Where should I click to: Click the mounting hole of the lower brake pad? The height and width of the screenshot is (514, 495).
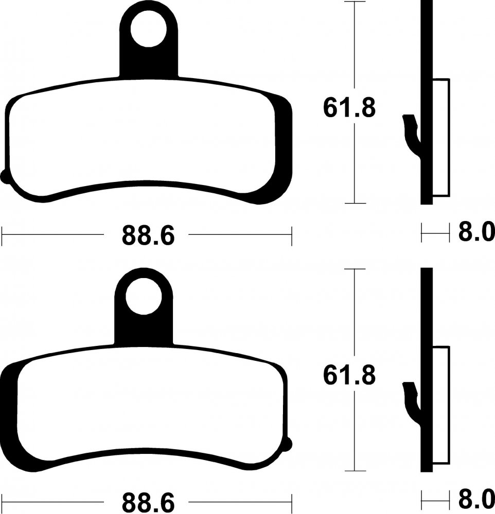pyautogui.click(x=144, y=297)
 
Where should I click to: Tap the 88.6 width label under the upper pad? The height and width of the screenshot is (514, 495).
pyautogui.click(x=148, y=235)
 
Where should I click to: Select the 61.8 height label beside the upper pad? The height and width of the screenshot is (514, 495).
pyautogui.click(x=349, y=108)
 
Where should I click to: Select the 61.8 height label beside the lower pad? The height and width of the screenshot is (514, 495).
pyautogui.click(x=349, y=375)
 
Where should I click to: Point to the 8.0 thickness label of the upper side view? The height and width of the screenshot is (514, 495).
pyautogui.click(x=476, y=232)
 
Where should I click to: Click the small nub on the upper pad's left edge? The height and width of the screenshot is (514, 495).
pyautogui.click(x=4, y=177)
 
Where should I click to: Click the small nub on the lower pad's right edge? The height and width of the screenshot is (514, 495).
pyautogui.click(x=289, y=444)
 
